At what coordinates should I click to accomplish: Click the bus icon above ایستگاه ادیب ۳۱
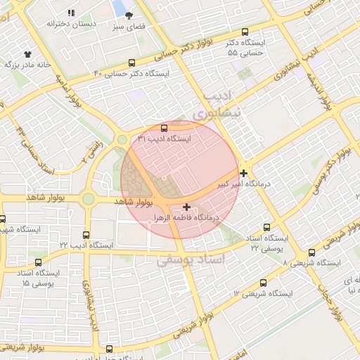(x=164, y=128)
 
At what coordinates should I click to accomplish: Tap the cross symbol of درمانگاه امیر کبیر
(x=243, y=173)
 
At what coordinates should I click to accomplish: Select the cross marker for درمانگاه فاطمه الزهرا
(x=186, y=207)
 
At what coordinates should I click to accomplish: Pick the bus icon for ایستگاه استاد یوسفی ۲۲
(x=264, y=226)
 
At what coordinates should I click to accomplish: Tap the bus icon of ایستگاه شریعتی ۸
(x=311, y=252)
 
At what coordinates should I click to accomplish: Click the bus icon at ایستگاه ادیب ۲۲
(x=86, y=235)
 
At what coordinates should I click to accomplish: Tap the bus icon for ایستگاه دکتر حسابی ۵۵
(x=245, y=32)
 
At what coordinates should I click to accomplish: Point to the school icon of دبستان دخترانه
(x=70, y=13)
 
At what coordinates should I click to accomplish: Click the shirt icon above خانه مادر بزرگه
(x=27, y=53)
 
